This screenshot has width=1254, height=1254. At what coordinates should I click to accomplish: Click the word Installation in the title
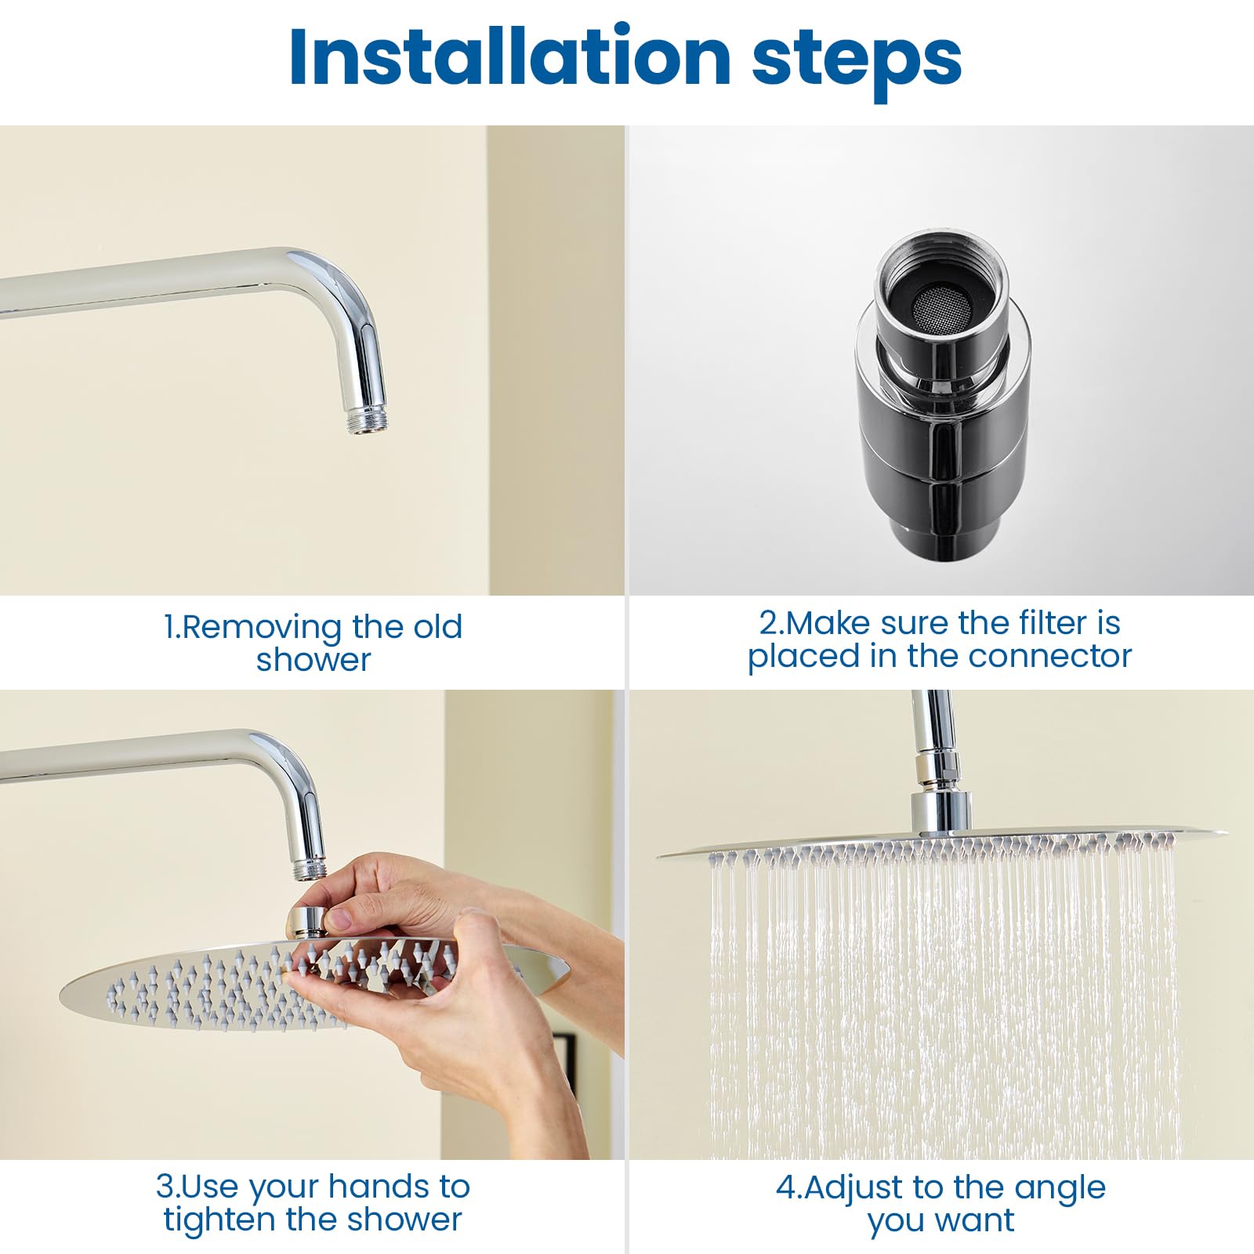[x=510, y=57]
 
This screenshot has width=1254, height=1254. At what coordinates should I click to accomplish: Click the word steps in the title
[x=857, y=63]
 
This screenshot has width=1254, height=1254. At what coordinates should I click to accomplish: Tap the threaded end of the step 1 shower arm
[x=368, y=419]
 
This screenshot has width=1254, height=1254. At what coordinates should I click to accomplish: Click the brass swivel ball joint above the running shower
[x=930, y=770]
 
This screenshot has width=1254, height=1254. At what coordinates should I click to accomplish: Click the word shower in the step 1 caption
[x=313, y=660]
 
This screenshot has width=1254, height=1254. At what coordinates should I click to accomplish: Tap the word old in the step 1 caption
[x=438, y=627]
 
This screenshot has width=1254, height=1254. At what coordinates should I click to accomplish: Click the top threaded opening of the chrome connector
[x=939, y=282]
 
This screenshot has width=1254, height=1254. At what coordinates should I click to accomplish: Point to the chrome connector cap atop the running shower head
[x=940, y=813]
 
